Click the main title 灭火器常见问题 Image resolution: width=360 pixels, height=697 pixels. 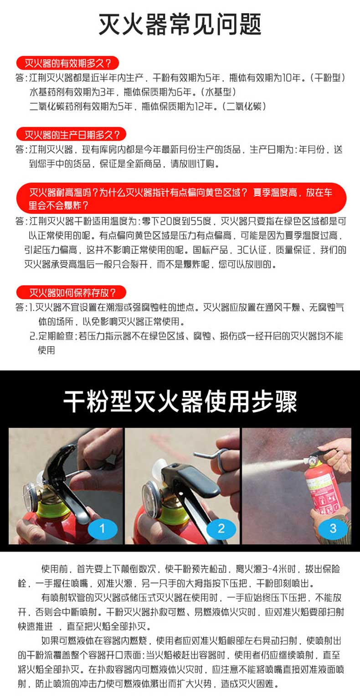coord(180,24)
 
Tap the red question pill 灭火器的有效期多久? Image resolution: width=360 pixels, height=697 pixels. coord(68,63)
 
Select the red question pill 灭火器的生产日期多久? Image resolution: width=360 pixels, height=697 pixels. coord(71,134)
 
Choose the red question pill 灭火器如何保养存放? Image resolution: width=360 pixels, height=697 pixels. coord(71,292)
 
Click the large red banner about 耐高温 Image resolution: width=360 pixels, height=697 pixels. coord(181,199)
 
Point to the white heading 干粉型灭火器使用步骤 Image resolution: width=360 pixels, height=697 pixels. coord(180,401)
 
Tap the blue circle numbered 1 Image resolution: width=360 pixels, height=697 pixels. coord(103,528)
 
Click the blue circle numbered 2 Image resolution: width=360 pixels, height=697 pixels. coord(221,528)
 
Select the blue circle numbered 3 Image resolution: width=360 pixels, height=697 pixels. coord(333,528)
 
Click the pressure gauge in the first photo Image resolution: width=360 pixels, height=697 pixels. coord(30,496)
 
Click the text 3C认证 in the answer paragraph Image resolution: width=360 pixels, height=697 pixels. coord(252,250)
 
